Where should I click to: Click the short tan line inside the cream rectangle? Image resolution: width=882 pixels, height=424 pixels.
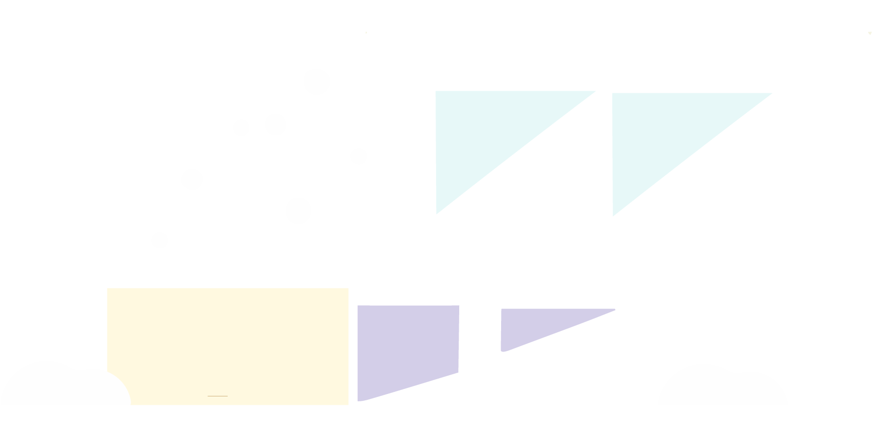tap(217, 396)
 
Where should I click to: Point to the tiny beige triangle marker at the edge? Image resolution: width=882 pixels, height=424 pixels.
tap(870, 33)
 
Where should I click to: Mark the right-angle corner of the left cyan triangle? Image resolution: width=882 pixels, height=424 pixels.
tap(436, 91)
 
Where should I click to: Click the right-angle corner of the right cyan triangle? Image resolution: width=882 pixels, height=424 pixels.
tap(612, 94)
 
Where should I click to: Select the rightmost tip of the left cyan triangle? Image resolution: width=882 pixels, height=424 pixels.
tap(595, 91)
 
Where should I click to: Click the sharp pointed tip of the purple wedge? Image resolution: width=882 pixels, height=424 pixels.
tap(615, 310)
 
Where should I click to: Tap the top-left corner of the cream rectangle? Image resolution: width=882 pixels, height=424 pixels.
tap(107, 288)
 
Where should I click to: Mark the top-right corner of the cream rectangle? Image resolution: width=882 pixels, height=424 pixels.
tap(348, 288)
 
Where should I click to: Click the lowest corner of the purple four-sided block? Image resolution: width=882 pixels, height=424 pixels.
tap(360, 401)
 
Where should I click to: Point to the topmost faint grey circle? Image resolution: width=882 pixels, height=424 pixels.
tap(317, 81)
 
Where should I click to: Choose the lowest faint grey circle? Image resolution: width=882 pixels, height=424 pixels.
tap(159, 240)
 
